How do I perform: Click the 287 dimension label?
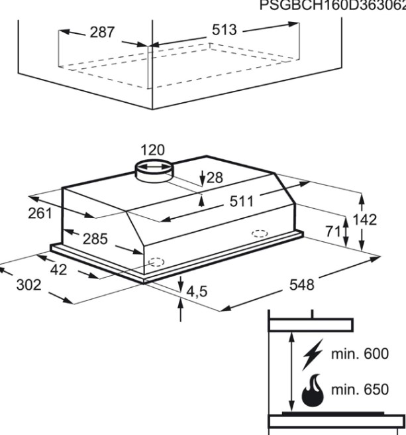[x=102, y=32]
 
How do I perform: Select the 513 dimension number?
[x=225, y=30]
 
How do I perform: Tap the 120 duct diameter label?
[x=153, y=150]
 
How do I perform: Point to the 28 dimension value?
[x=215, y=178]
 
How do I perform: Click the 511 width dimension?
[x=242, y=202]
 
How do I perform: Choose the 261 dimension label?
[x=40, y=214]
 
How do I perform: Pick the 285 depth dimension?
[x=95, y=239]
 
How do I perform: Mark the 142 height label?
[x=365, y=219]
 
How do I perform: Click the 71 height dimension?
[x=332, y=231]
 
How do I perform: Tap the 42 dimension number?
[x=59, y=270]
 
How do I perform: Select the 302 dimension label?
[x=29, y=285]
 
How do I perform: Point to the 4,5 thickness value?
[x=197, y=292]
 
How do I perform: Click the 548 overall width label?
[x=302, y=285]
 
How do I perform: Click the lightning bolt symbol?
[x=313, y=355]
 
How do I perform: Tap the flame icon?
[x=313, y=390]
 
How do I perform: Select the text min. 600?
[x=360, y=353]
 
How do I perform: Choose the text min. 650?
[x=360, y=389]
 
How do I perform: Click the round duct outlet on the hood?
[x=154, y=172]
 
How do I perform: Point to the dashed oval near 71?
[x=260, y=233]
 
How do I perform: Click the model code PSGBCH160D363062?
[x=332, y=5]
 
